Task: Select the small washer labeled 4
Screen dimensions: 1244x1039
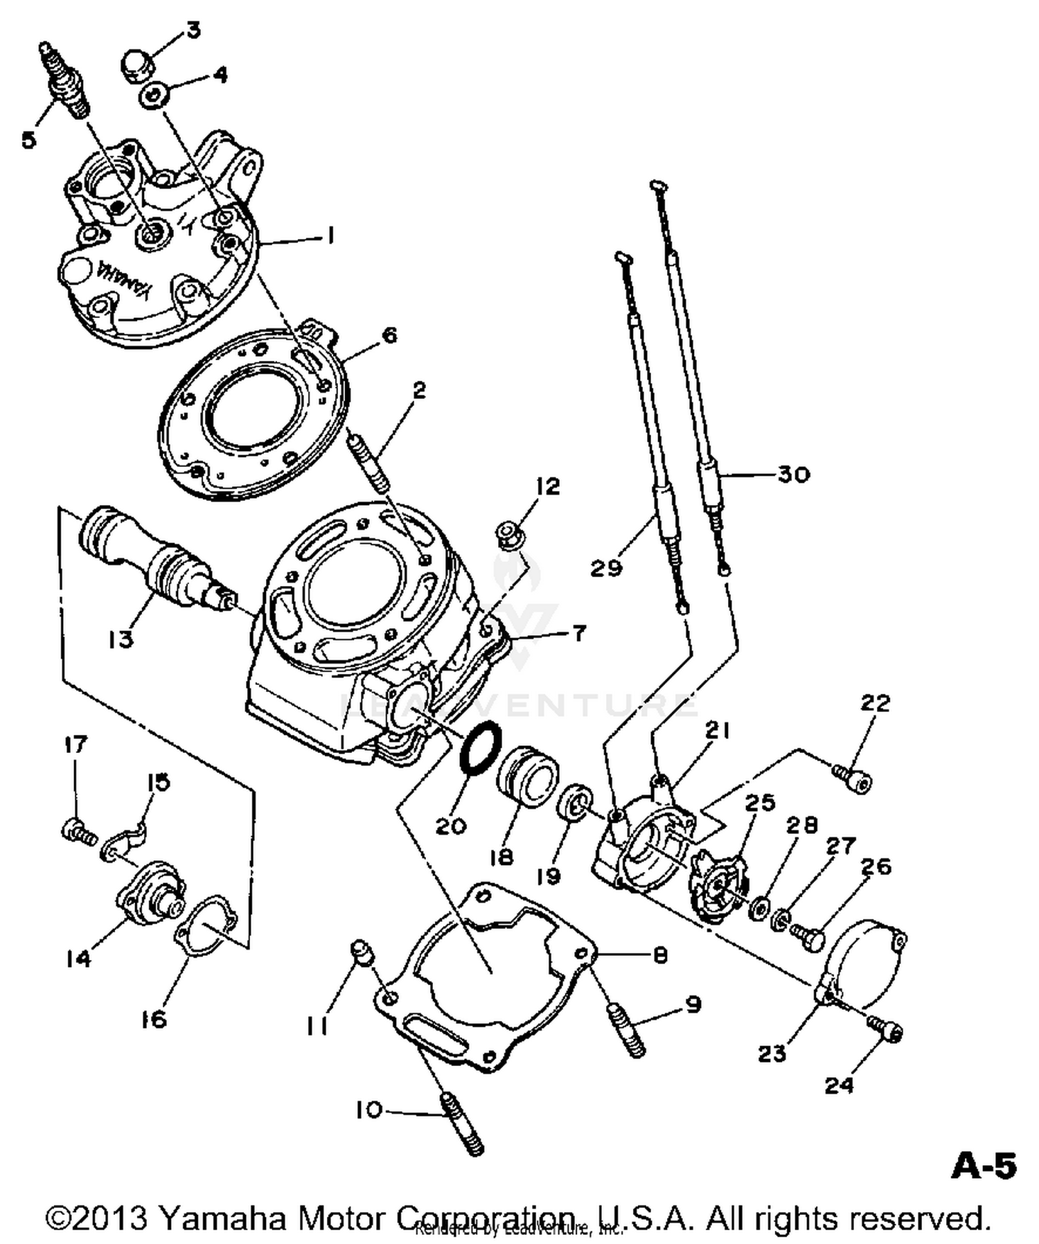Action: click(152, 96)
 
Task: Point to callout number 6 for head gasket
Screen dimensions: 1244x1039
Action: click(390, 335)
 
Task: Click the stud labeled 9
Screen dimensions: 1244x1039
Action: click(627, 1031)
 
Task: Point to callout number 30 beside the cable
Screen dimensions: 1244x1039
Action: click(793, 474)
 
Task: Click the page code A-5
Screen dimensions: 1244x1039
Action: click(984, 1166)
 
